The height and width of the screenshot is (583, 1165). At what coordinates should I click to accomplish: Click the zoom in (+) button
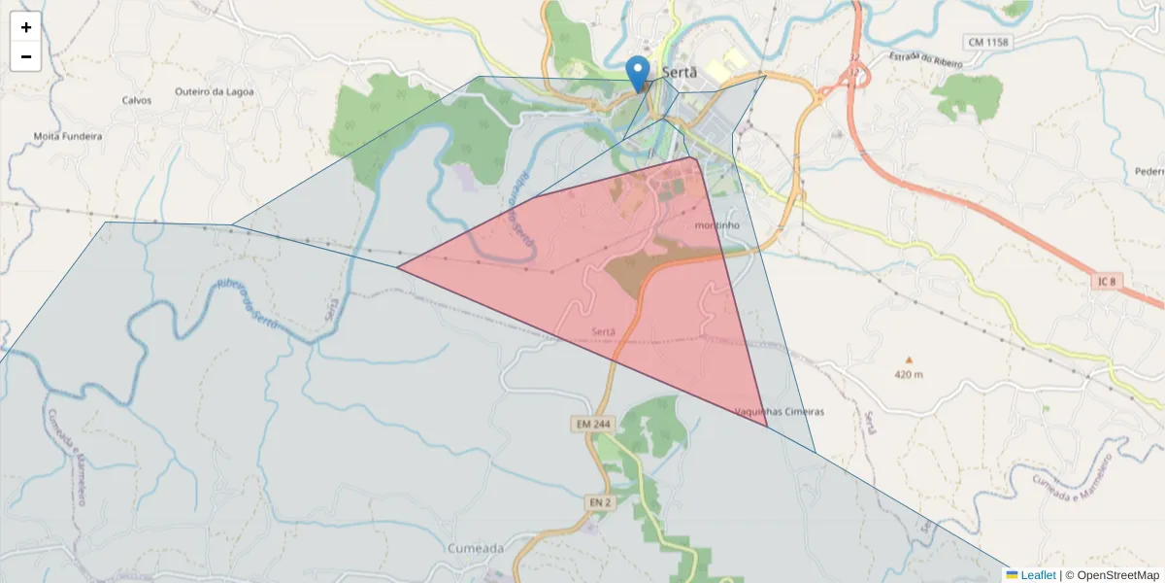[x=26, y=27]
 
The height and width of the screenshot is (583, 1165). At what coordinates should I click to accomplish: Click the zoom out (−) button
[x=26, y=56]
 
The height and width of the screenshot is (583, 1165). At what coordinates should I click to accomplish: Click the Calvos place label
[x=137, y=100]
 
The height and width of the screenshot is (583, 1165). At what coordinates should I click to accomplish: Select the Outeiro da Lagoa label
[x=215, y=92]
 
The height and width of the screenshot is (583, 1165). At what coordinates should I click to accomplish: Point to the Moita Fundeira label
[x=68, y=136]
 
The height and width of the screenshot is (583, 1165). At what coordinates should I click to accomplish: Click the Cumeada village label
[x=476, y=548]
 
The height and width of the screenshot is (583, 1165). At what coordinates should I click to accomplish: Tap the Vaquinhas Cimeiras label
[x=780, y=412]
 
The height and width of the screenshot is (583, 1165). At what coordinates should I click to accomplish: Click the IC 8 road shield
[x=1105, y=282]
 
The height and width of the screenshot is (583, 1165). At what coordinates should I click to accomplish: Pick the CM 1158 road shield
[x=988, y=42]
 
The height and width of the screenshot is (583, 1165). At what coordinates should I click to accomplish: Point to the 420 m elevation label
[x=909, y=375]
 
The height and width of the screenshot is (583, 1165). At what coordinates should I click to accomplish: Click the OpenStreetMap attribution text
[x=1112, y=575]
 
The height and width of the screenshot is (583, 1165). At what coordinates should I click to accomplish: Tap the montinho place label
[x=718, y=225]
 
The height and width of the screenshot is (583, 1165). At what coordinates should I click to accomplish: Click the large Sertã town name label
[x=680, y=72]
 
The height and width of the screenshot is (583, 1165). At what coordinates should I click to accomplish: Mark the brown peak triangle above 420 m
[x=909, y=360]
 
